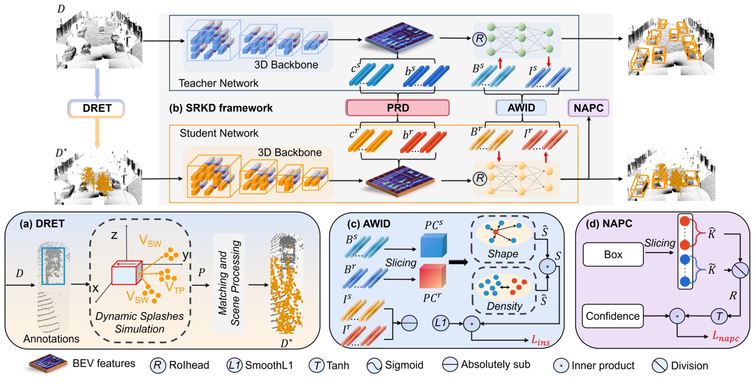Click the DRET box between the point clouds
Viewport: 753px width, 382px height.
(x=97, y=108)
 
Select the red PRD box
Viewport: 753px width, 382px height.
(x=398, y=108)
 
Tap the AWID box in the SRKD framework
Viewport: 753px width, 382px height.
(x=521, y=108)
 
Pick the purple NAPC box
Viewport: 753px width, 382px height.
(x=588, y=108)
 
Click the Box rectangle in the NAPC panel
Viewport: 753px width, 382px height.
(x=613, y=255)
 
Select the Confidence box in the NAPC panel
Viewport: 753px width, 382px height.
(x=612, y=316)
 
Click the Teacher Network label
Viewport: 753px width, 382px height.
(x=218, y=83)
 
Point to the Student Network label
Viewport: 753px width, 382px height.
(x=219, y=133)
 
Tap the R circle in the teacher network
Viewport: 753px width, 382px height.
(x=479, y=39)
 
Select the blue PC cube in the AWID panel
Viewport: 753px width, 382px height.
(x=433, y=245)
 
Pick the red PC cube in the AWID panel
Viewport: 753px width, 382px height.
(x=432, y=276)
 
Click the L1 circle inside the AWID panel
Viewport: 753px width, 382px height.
(x=440, y=323)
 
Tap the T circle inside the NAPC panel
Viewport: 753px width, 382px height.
(x=719, y=316)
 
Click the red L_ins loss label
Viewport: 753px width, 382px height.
(x=540, y=341)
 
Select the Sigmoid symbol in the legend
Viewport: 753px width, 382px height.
(x=374, y=366)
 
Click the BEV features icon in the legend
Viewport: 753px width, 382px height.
(x=48, y=364)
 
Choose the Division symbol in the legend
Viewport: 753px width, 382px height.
(x=659, y=366)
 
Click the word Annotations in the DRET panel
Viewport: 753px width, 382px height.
(x=51, y=339)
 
